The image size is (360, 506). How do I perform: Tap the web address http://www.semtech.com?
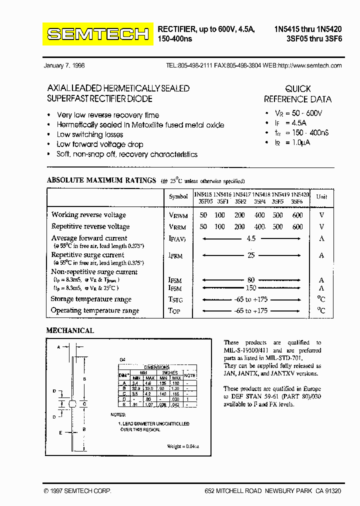[x=309, y=65]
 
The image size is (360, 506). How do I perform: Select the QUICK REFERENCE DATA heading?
[x=297, y=93]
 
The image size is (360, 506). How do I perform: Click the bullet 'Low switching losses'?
[x=90, y=134]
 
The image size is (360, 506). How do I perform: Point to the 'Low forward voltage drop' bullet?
[x=100, y=144]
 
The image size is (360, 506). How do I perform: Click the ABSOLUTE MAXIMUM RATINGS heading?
[x=101, y=180]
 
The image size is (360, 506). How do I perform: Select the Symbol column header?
[x=178, y=197]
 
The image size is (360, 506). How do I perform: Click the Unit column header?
[x=321, y=197]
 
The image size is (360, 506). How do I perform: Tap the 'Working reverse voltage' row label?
[x=88, y=215]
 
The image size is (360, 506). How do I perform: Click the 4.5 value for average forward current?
[x=251, y=238]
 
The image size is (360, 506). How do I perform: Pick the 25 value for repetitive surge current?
[x=251, y=255]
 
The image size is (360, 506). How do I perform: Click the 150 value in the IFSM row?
[x=251, y=288]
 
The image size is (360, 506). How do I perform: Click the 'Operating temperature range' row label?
[x=95, y=310]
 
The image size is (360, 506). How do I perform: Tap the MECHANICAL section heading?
[x=70, y=330]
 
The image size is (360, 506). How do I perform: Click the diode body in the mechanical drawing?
[x=72, y=403]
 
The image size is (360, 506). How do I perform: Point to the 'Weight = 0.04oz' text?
[x=182, y=446]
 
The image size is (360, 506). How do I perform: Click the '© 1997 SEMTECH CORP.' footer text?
[x=77, y=491]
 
